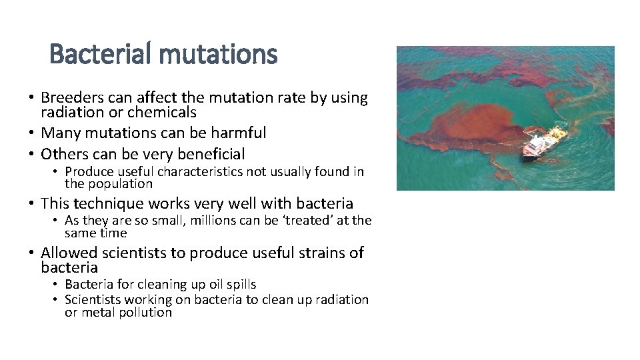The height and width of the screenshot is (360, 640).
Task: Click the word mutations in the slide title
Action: coord(221,54)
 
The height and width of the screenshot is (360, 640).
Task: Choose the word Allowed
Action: coord(69,253)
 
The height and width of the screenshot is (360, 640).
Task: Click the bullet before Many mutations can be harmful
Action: coord(31,133)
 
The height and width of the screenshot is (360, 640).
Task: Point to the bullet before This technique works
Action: coord(31,204)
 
